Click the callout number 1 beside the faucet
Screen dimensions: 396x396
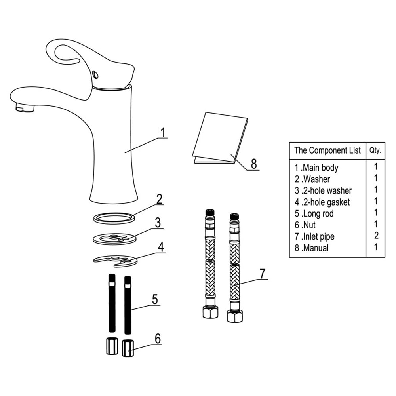[x=162, y=131]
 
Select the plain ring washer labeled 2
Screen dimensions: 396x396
[x=114, y=218]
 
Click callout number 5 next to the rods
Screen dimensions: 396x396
[x=154, y=299]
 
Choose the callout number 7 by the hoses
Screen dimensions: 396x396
[x=262, y=273]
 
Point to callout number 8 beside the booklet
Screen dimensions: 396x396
[x=254, y=163]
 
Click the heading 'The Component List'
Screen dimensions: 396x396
[x=327, y=150]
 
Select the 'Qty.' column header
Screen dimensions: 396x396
[x=375, y=150]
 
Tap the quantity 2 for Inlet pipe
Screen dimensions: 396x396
[x=376, y=236]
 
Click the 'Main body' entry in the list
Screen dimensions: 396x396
[x=320, y=168]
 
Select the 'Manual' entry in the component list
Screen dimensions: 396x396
[x=315, y=248]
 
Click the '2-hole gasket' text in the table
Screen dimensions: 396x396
[x=326, y=202]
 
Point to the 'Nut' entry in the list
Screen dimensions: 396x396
[x=309, y=225]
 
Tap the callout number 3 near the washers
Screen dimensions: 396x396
[x=158, y=223]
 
